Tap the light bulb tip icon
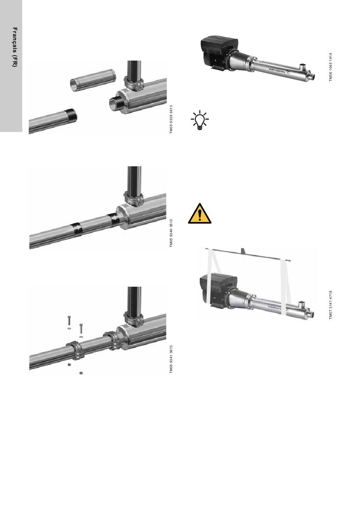(200, 120)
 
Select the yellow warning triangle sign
(200, 214)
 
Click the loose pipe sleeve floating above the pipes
(92, 80)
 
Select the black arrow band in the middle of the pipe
(76, 229)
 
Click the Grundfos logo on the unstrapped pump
(280, 70)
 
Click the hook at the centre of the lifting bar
(243, 251)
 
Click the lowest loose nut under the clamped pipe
(81, 373)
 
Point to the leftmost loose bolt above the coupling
(69, 321)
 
